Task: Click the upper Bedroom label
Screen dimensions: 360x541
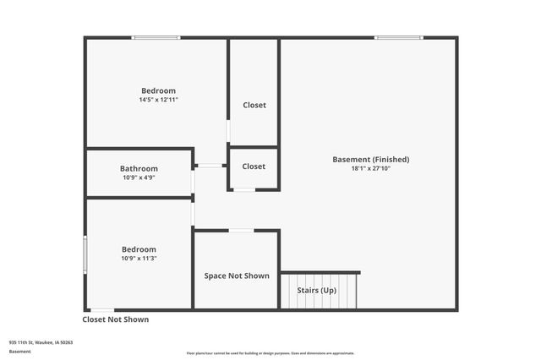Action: (x=158, y=90)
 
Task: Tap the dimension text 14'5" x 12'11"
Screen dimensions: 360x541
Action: (x=158, y=100)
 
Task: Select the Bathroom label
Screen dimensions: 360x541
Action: (x=139, y=168)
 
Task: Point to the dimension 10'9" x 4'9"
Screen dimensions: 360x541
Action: (x=139, y=177)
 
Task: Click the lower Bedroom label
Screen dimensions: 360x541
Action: (x=139, y=249)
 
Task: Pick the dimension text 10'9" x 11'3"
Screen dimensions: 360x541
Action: (x=139, y=259)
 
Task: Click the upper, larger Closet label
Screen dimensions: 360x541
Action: (x=254, y=106)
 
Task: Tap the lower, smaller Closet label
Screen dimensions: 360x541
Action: (x=254, y=166)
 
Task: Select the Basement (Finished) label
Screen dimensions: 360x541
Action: (x=370, y=159)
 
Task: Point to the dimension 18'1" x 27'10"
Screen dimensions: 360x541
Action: (x=370, y=168)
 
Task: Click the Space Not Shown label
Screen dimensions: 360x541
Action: (x=237, y=275)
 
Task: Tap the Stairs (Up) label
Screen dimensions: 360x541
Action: (x=316, y=291)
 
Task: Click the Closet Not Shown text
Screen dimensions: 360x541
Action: (x=115, y=319)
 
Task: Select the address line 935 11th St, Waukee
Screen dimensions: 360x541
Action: (x=41, y=342)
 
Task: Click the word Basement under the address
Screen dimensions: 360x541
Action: (x=20, y=351)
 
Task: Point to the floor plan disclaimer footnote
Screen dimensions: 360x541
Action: (x=270, y=353)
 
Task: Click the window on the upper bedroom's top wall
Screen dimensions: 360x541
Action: (x=156, y=37)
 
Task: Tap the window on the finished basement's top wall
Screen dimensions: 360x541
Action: (x=399, y=37)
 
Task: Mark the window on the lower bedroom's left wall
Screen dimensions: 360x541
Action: (x=85, y=254)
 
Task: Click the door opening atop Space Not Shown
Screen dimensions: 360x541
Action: (x=241, y=230)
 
